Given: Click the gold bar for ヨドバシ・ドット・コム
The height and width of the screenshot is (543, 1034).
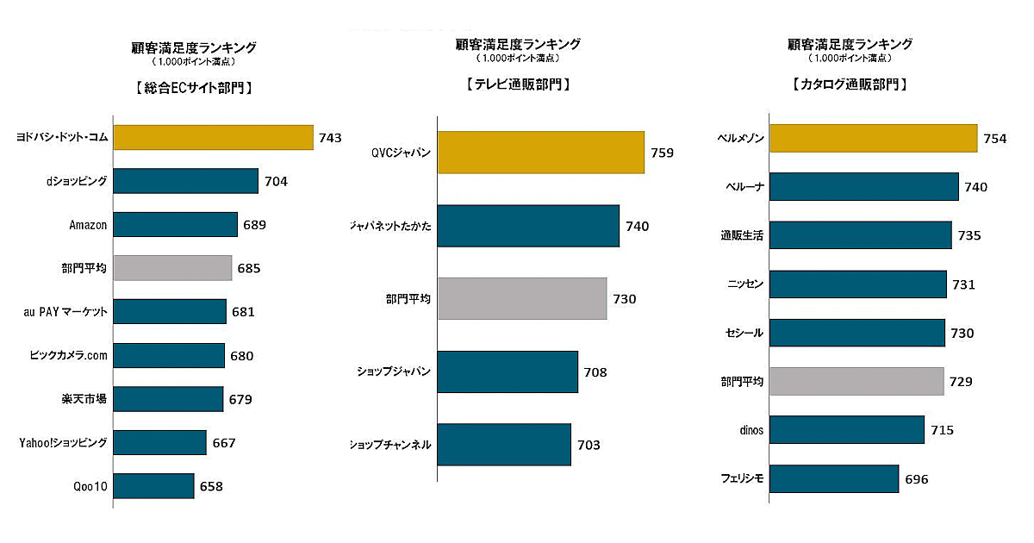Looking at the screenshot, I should tap(213, 137).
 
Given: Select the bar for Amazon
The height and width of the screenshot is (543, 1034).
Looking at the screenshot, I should tap(175, 225).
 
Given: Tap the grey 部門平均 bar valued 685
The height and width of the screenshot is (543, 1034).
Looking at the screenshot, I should tap(172, 268).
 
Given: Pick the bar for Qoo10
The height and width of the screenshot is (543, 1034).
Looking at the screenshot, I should tap(153, 486).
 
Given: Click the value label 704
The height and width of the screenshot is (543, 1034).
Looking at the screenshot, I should tap(277, 181).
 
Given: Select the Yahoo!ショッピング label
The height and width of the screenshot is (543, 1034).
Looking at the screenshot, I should tap(63, 443).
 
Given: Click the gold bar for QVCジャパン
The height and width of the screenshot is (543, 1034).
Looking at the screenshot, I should tap(541, 153).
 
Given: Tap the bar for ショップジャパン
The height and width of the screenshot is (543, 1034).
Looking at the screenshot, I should tap(508, 371).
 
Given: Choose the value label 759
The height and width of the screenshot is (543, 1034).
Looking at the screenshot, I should tap(663, 153).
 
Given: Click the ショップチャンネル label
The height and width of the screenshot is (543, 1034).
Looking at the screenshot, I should tap(389, 445).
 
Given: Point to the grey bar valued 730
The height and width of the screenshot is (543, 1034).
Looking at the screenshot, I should tap(522, 298).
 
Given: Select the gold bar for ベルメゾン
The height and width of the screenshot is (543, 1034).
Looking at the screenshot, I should tap(873, 138).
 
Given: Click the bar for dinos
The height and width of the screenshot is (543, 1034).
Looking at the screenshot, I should tap(846, 429).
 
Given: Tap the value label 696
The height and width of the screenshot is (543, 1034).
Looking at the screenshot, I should tap(917, 479).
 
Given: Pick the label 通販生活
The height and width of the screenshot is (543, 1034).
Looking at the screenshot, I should tap(741, 235).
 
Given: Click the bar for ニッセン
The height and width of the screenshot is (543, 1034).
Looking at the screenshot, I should tap(857, 284).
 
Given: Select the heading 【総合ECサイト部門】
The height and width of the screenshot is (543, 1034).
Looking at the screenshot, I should tap(187, 87).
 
